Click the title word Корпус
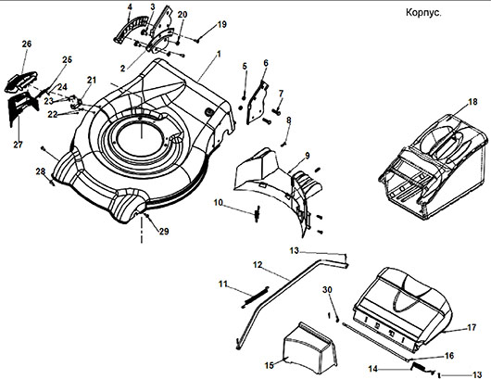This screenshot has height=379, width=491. pos(423,13)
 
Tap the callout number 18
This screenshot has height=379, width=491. pos(472,102)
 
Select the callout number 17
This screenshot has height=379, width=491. pos(472,327)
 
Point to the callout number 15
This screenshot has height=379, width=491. pos(270,365)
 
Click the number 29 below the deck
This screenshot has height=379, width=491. pos(164,232)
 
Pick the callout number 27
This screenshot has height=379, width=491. pos(18,145)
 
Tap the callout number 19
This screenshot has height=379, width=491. pos(221,24)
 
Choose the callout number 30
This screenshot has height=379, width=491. pos(327,290)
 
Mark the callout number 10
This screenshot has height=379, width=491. pos(219,203)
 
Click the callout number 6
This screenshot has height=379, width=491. pos(266,63)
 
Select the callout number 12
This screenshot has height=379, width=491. pos(258,265)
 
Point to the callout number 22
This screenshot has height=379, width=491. pos(53,115)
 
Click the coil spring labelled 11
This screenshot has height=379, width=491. pos(256,297)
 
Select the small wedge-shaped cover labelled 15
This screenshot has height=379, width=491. pos(310,349)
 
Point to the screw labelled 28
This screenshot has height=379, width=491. pos(52,183)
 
